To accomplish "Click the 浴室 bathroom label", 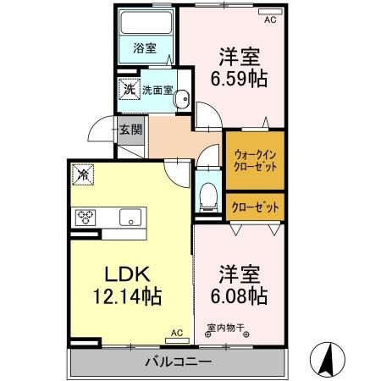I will point(145,48).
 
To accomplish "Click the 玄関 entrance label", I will point(130,130).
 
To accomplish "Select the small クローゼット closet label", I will point(254,206).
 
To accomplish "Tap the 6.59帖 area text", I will point(239,79).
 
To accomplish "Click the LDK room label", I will point(127,275).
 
